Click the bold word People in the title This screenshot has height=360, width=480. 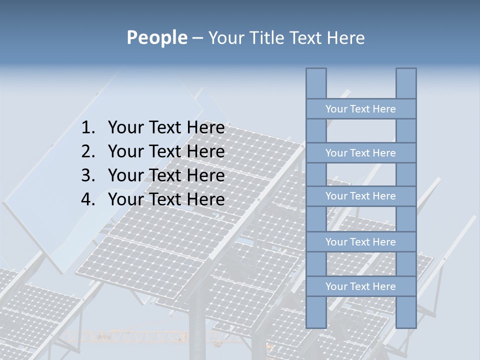(156, 37)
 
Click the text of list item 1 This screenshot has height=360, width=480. (166, 128)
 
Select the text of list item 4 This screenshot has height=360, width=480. (166, 199)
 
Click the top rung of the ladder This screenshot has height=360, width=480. (360, 109)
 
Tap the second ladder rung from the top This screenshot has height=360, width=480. (360, 153)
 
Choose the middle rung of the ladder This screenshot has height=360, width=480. (360, 196)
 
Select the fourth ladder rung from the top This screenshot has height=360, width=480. (360, 242)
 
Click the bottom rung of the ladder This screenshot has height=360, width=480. (360, 286)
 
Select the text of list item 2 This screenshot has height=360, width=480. (166, 151)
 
